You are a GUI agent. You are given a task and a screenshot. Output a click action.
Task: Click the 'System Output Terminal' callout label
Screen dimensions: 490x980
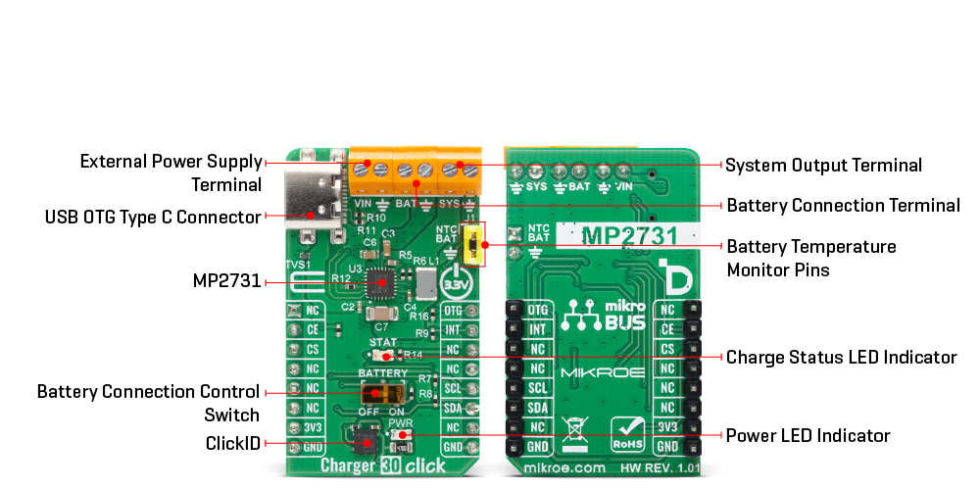pos(823,165)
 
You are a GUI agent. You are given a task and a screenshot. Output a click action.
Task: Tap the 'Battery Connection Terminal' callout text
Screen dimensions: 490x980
pos(843,206)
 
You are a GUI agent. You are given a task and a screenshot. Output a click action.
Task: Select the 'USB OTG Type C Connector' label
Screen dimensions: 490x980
pos(153,217)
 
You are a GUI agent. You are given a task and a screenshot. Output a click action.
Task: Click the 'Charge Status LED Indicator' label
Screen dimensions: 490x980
pos(841,357)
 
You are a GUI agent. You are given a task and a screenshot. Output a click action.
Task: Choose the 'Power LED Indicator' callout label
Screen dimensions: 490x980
pos(808,435)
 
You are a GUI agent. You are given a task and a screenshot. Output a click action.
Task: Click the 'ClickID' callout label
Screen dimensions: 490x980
pos(233,443)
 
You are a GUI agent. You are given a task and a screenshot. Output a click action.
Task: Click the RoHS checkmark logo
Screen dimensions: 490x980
pos(628,431)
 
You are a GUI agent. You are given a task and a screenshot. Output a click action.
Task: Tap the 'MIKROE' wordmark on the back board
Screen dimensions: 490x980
pos(603,373)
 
